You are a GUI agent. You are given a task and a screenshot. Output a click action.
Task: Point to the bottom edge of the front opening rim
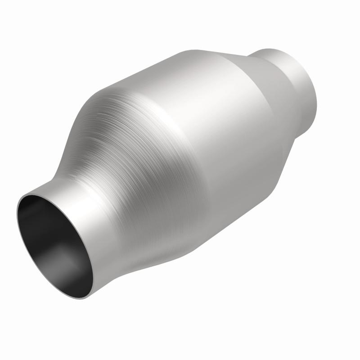[85, 297]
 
